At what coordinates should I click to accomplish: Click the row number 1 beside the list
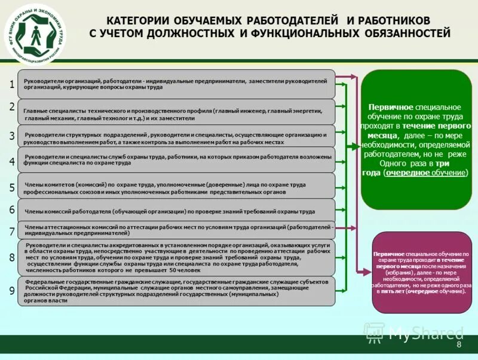point(12,85)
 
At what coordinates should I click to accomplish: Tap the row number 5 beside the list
point(12,188)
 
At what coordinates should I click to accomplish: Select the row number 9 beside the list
point(12,291)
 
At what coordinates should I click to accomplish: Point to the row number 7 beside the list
point(12,231)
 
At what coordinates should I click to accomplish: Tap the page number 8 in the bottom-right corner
point(459,345)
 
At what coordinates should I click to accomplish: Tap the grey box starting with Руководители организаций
point(176,84)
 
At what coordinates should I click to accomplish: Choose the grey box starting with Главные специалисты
point(176,114)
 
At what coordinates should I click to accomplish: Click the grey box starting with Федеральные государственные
point(176,291)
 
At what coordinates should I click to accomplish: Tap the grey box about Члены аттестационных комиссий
point(176,230)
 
